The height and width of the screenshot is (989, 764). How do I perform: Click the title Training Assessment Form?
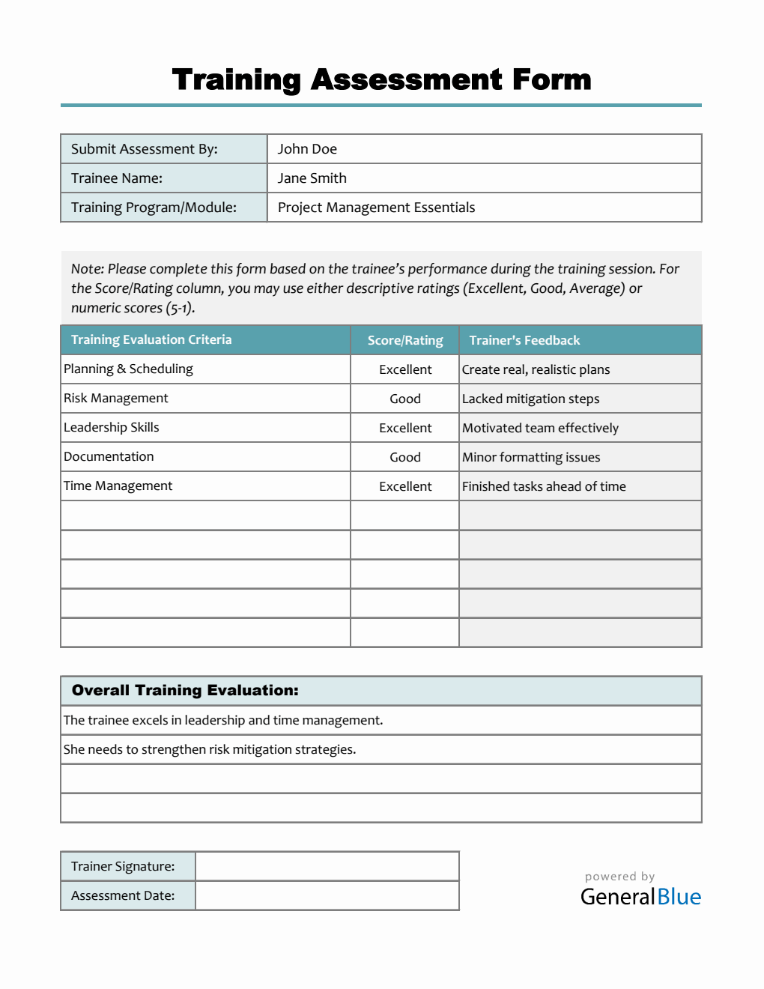pos(381,79)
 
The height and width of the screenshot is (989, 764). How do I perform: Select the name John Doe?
pos(307,149)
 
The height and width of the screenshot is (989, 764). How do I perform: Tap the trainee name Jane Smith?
pos(312,178)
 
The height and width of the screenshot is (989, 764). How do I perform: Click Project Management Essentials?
pos(376,208)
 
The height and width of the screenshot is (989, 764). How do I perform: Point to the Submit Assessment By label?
pos(144,149)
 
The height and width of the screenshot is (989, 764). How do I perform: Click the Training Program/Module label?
pos(154,208)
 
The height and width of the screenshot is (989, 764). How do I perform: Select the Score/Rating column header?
pos(405,340)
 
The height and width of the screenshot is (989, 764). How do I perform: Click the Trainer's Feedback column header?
pos(524,340)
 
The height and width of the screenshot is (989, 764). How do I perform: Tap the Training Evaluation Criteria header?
pos(151,340)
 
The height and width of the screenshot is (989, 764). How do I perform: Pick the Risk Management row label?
pos(116,399)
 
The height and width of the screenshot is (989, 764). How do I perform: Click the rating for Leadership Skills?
pos(405,428)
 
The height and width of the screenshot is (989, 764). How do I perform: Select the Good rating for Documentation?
pos(405,457)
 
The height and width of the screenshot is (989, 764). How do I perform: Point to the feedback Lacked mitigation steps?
pos(530,399)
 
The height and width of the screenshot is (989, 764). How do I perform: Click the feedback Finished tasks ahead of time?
pos(544,486)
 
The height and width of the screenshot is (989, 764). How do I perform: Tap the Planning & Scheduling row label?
pos(128,369)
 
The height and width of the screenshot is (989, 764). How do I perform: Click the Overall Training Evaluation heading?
pos(185,691)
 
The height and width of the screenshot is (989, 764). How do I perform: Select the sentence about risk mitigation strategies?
pos(210,749)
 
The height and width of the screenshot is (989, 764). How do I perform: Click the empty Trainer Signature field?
pos(327,866)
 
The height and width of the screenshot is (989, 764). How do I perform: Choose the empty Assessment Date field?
pos(327,895)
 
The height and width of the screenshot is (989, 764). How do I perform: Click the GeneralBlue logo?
pos(640,896)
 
